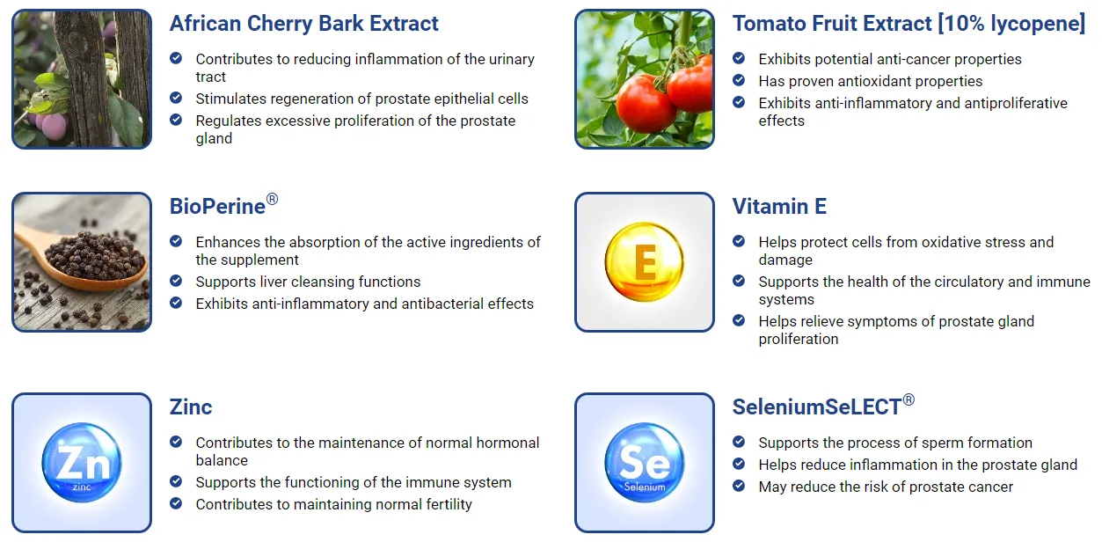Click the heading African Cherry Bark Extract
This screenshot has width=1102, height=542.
[303, 24]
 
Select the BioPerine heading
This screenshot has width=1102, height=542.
[224, 206]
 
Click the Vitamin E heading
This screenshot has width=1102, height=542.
[779, 206]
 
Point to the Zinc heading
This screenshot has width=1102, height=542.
[191, 407]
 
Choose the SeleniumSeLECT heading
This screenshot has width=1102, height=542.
[823, 406]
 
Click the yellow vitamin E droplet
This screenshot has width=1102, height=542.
[644, 261]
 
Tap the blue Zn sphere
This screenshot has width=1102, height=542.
[82, 462]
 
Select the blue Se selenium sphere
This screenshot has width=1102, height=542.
[645, 462]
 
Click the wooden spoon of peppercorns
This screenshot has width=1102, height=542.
[84, 261]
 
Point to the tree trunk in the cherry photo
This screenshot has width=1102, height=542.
[86, 79]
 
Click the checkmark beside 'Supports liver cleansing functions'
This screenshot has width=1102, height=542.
[176, 281]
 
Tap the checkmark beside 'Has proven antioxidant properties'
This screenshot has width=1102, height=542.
[739, 80]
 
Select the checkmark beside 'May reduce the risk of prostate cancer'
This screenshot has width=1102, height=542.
[739, 486]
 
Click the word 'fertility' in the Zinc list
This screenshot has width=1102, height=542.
[446, 504]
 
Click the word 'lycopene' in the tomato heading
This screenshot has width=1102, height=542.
[1033, 24]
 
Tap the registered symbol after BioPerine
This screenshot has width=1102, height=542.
[272, 200]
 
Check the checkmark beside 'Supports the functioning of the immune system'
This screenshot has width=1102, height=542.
[176, 481]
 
